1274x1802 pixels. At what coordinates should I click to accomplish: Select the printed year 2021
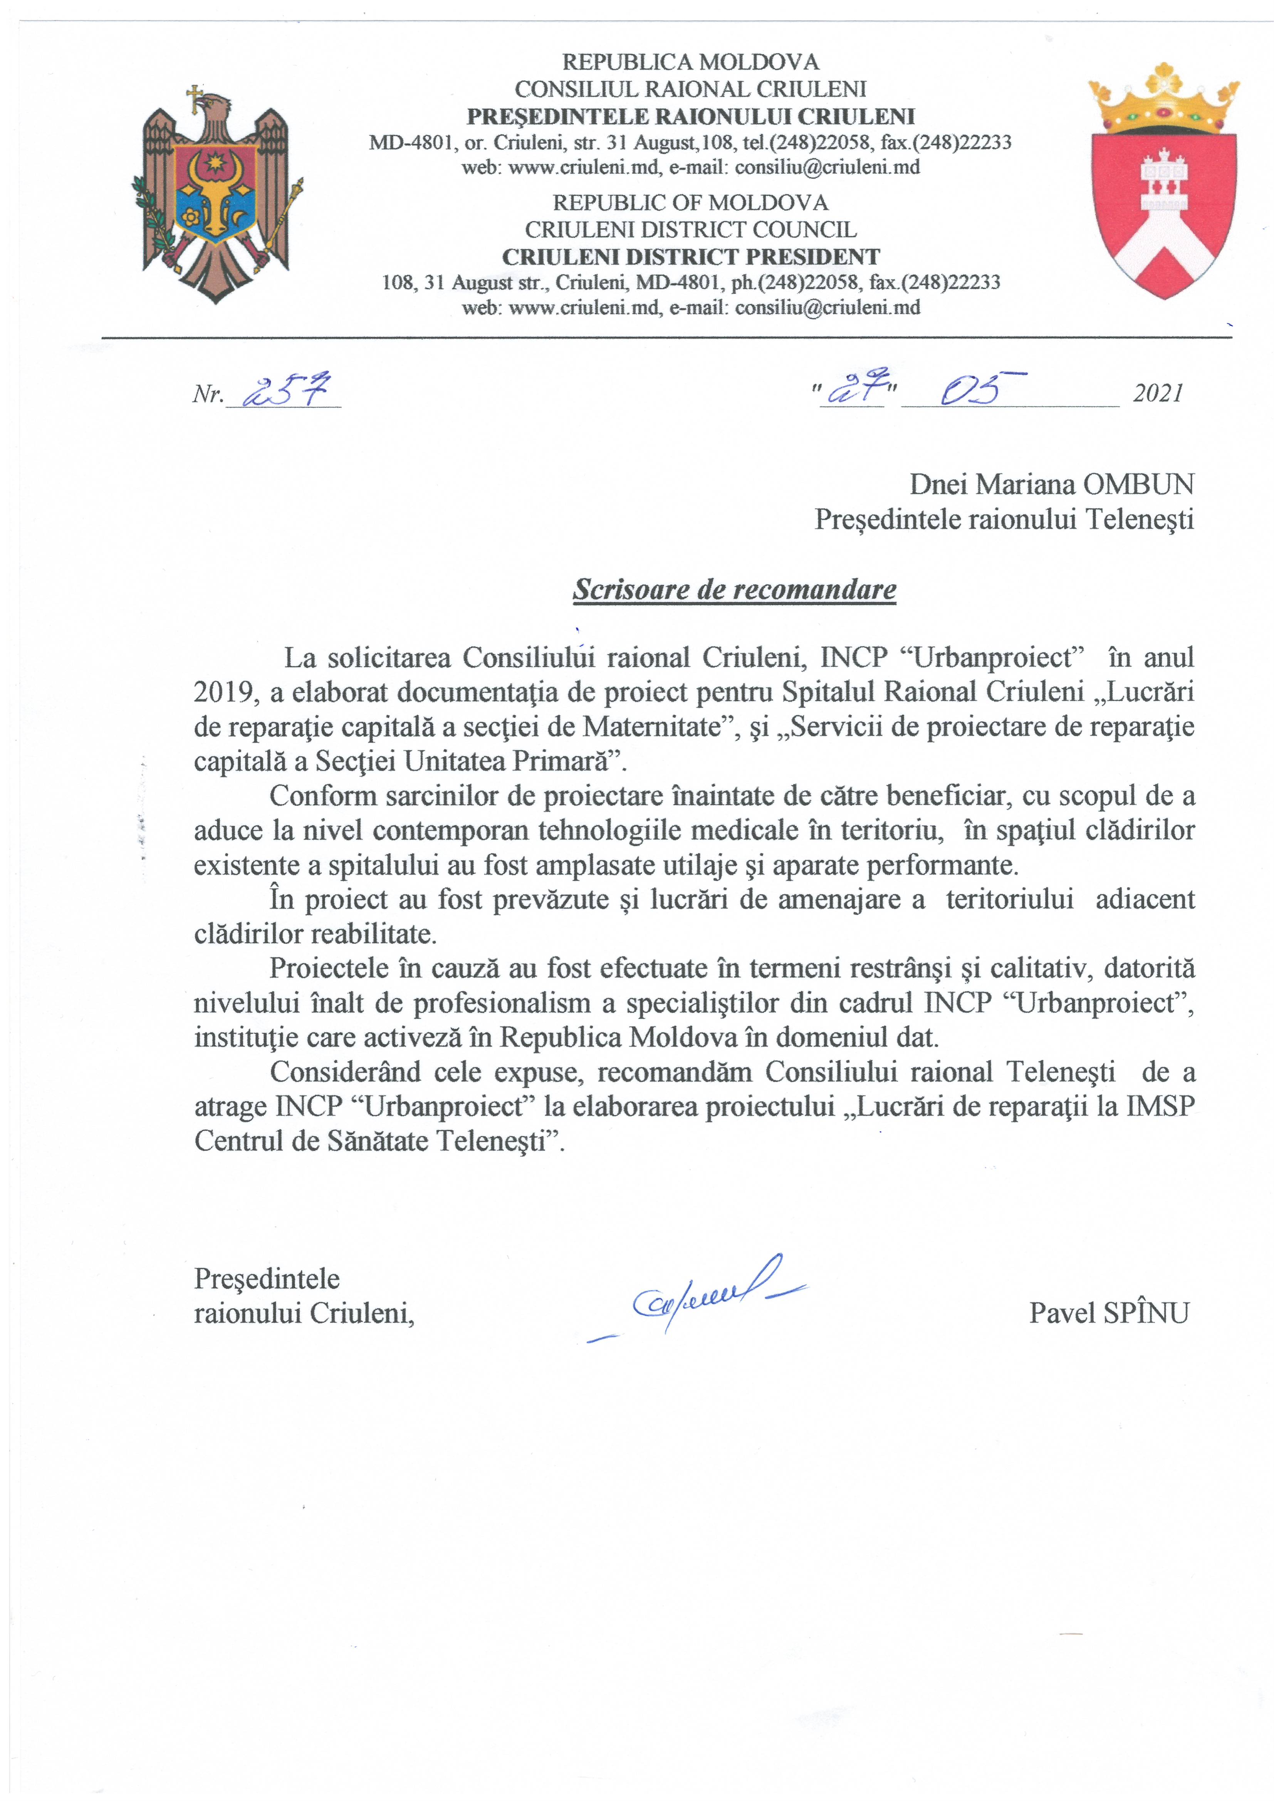point(1158,393)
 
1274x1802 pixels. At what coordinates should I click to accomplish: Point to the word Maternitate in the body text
point(651,727)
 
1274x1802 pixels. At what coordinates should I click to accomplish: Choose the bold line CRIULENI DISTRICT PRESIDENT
point(691,257)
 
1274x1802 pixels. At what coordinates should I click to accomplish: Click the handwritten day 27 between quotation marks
point(852,389)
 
